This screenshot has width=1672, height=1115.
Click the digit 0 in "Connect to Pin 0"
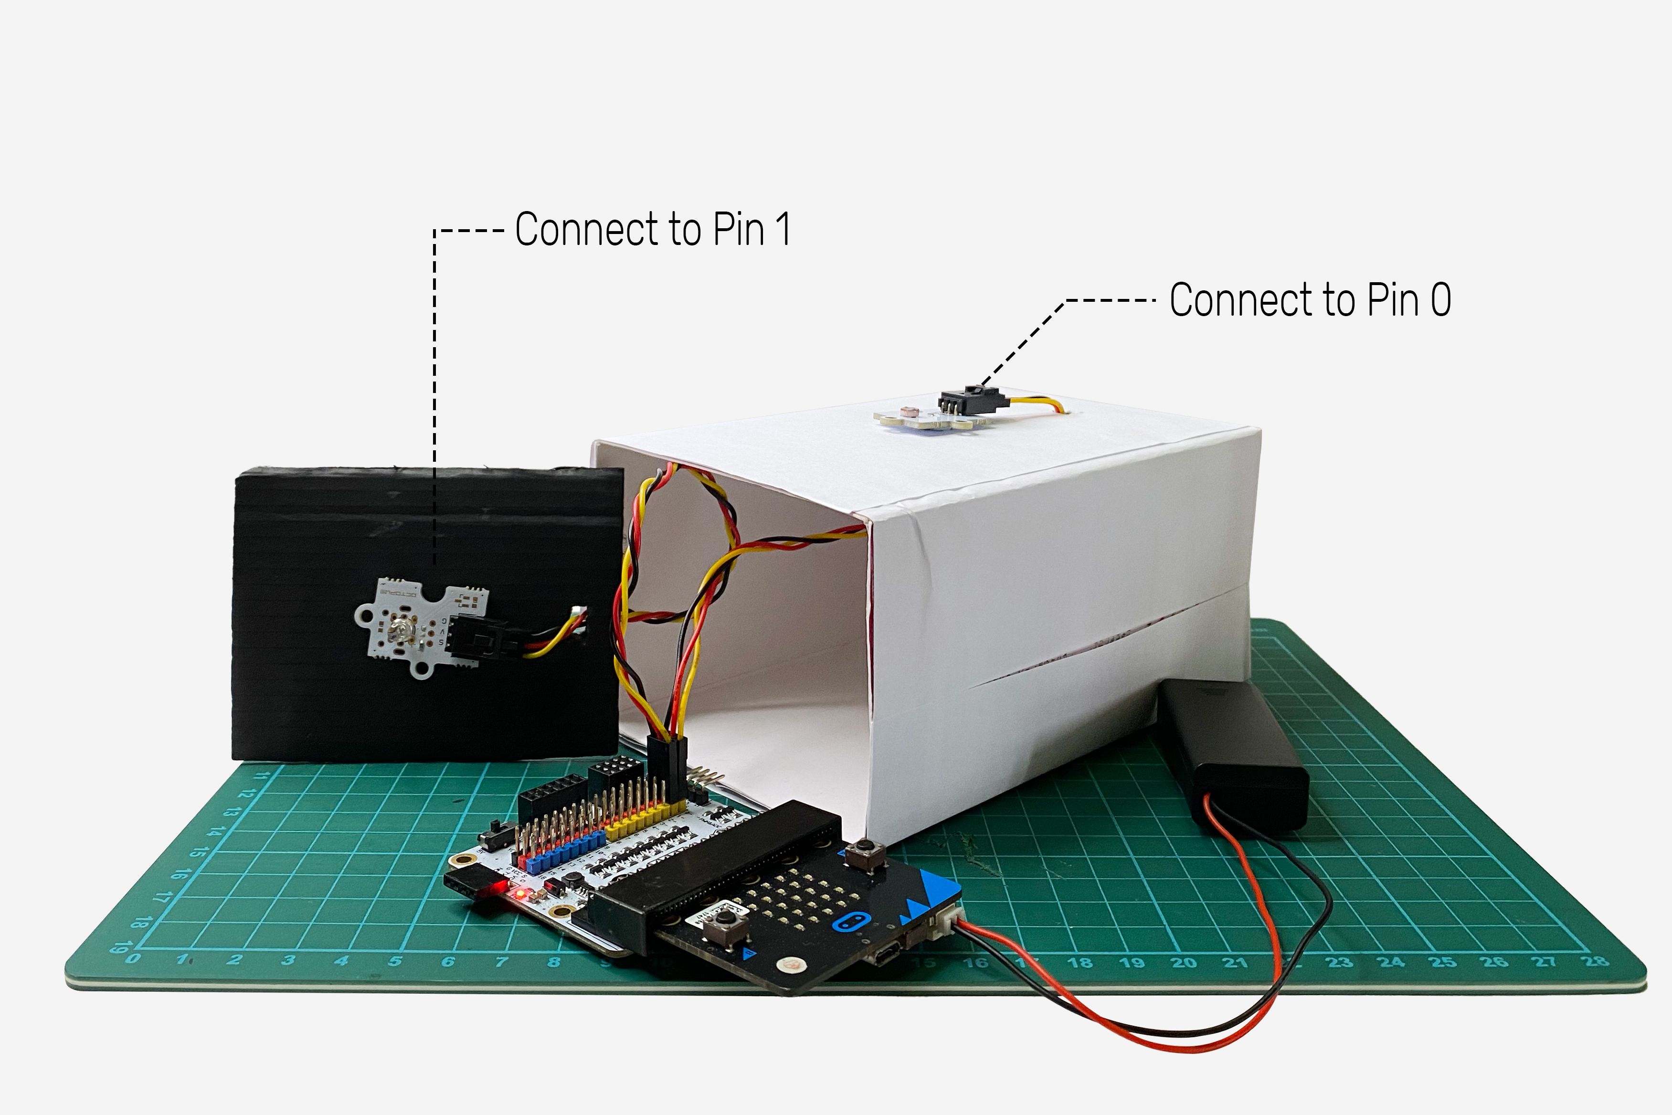click(1440, 299)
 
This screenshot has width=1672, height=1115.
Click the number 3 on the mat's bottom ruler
click(287, 960)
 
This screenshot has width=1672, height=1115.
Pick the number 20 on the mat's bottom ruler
click(1184, 962)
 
